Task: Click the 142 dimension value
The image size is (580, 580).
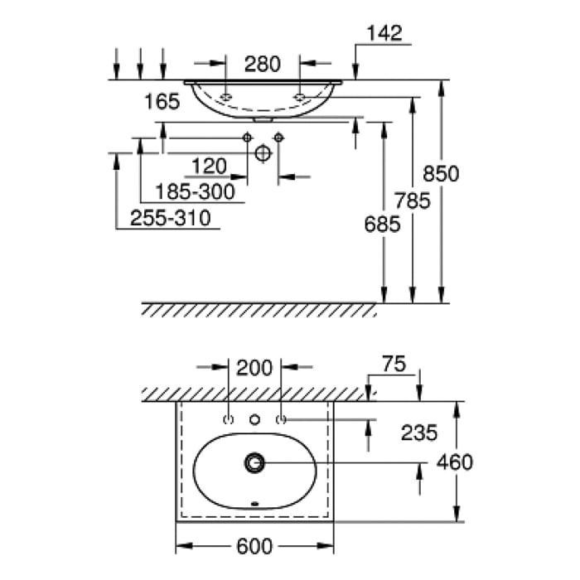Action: coord(384,33)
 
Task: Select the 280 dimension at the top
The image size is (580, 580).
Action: coord(263,63)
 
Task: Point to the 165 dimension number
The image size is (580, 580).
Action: coord(162,102)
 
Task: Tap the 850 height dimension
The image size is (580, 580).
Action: coord(441,174)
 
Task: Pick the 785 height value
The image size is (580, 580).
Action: coord(413,201)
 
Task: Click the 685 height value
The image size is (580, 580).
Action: coord(382,223)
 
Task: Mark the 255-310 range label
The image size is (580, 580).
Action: coord(170,218)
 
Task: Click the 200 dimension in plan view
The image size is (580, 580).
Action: coord(254,368)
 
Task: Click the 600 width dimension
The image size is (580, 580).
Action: coord(255,546)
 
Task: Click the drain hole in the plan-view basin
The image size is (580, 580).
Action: coord(254,462)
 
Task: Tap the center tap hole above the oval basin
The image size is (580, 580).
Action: coord(255,419)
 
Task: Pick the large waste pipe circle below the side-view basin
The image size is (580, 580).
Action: coord(263,152)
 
